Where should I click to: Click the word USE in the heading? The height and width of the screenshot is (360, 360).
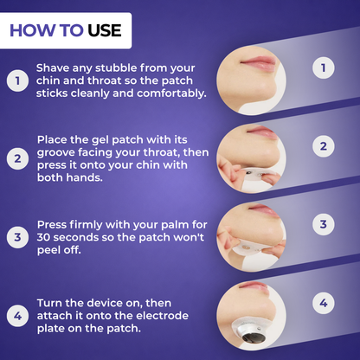(105, 30)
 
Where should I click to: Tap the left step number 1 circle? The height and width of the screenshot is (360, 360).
(17, 80)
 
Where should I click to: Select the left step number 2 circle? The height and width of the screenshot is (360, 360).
(17, 158)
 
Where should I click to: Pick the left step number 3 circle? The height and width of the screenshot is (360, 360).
(17, 237)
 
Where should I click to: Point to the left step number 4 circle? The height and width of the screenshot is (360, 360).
(17, 316)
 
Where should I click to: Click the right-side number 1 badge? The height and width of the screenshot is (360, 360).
(324, 67)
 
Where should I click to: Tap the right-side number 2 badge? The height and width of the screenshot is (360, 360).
(324, 146)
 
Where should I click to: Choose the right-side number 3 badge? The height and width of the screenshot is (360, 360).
(324, 224)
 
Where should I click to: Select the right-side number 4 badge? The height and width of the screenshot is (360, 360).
(324, 303)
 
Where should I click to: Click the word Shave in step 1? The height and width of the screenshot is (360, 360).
(53, 68)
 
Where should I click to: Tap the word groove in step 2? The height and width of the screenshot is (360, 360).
(55, 152)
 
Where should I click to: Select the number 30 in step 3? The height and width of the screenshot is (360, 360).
(43, 237)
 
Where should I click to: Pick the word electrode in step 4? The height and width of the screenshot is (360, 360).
(162, 316)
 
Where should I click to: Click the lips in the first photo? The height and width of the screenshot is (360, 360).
(258, 62)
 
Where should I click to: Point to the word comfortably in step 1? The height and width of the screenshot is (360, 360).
(171, 93)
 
